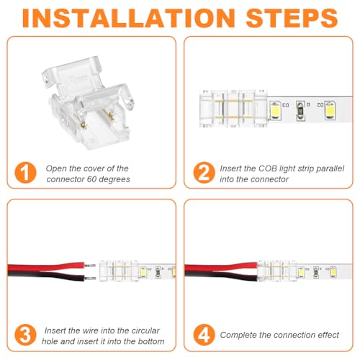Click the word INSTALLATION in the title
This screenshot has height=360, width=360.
pyautogui.click(x=129, y=18)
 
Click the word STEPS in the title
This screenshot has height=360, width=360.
pyautogui.click(x=292, y=18)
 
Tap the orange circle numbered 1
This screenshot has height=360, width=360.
pyautogui.click(x=25, y=173)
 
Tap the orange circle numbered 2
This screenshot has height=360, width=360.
pyautogui.click(x=204, y=173)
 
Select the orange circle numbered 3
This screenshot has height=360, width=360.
pyautogui.click(x=25, y=335)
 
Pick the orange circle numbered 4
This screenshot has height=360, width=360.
pyautogui.click(x=204, y=335)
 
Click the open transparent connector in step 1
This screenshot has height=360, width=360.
pyautogui.click(x=88, y=103)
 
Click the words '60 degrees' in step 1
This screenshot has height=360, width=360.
pyautogui.click(x=109, y=179)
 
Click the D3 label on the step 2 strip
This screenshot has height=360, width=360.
pyautogui.click(x=286, y=105)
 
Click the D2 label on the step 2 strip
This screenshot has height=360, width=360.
pyautogui.click(x=320, y=105)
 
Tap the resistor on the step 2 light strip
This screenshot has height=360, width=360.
pyautogui.click(x=300, y=111)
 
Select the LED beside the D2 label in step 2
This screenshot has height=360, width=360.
pyautogui.click(x=330, y=110)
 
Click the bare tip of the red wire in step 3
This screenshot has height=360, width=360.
pyautogui.click(x=91, y=266)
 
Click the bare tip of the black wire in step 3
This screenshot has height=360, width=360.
pyautogui.click(x=91, y=279)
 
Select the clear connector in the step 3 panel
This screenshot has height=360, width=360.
pyautogui.click(x=119, y=271)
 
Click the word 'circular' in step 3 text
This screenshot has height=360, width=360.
pyautogui.click(x=145, y=330)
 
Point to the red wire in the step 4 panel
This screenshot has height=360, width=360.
pyautogui.click(x=221, y=266)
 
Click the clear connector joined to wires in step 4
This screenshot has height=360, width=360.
pyautogui.click(x=277, y=271)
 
